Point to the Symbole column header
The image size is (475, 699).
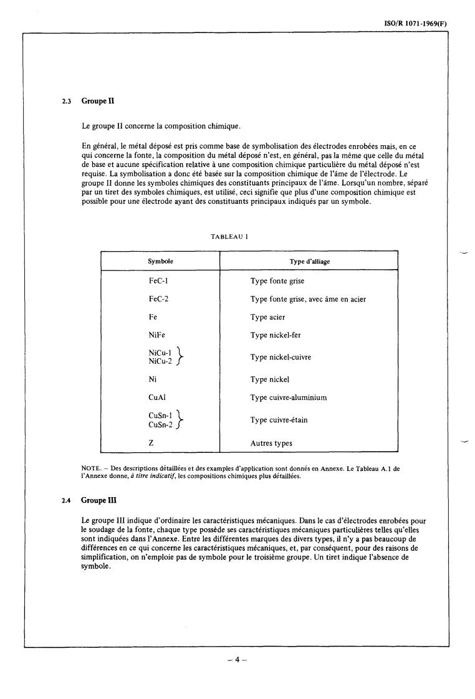(x=161, y=262)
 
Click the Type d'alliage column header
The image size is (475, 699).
(x=310, y=262)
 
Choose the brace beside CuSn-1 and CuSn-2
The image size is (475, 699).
(x=181, y=419)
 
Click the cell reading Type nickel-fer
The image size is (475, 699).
(x=276, y=335)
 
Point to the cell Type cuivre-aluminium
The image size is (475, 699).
(x=289, y=397)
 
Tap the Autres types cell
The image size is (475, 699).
(x=271, y=444)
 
